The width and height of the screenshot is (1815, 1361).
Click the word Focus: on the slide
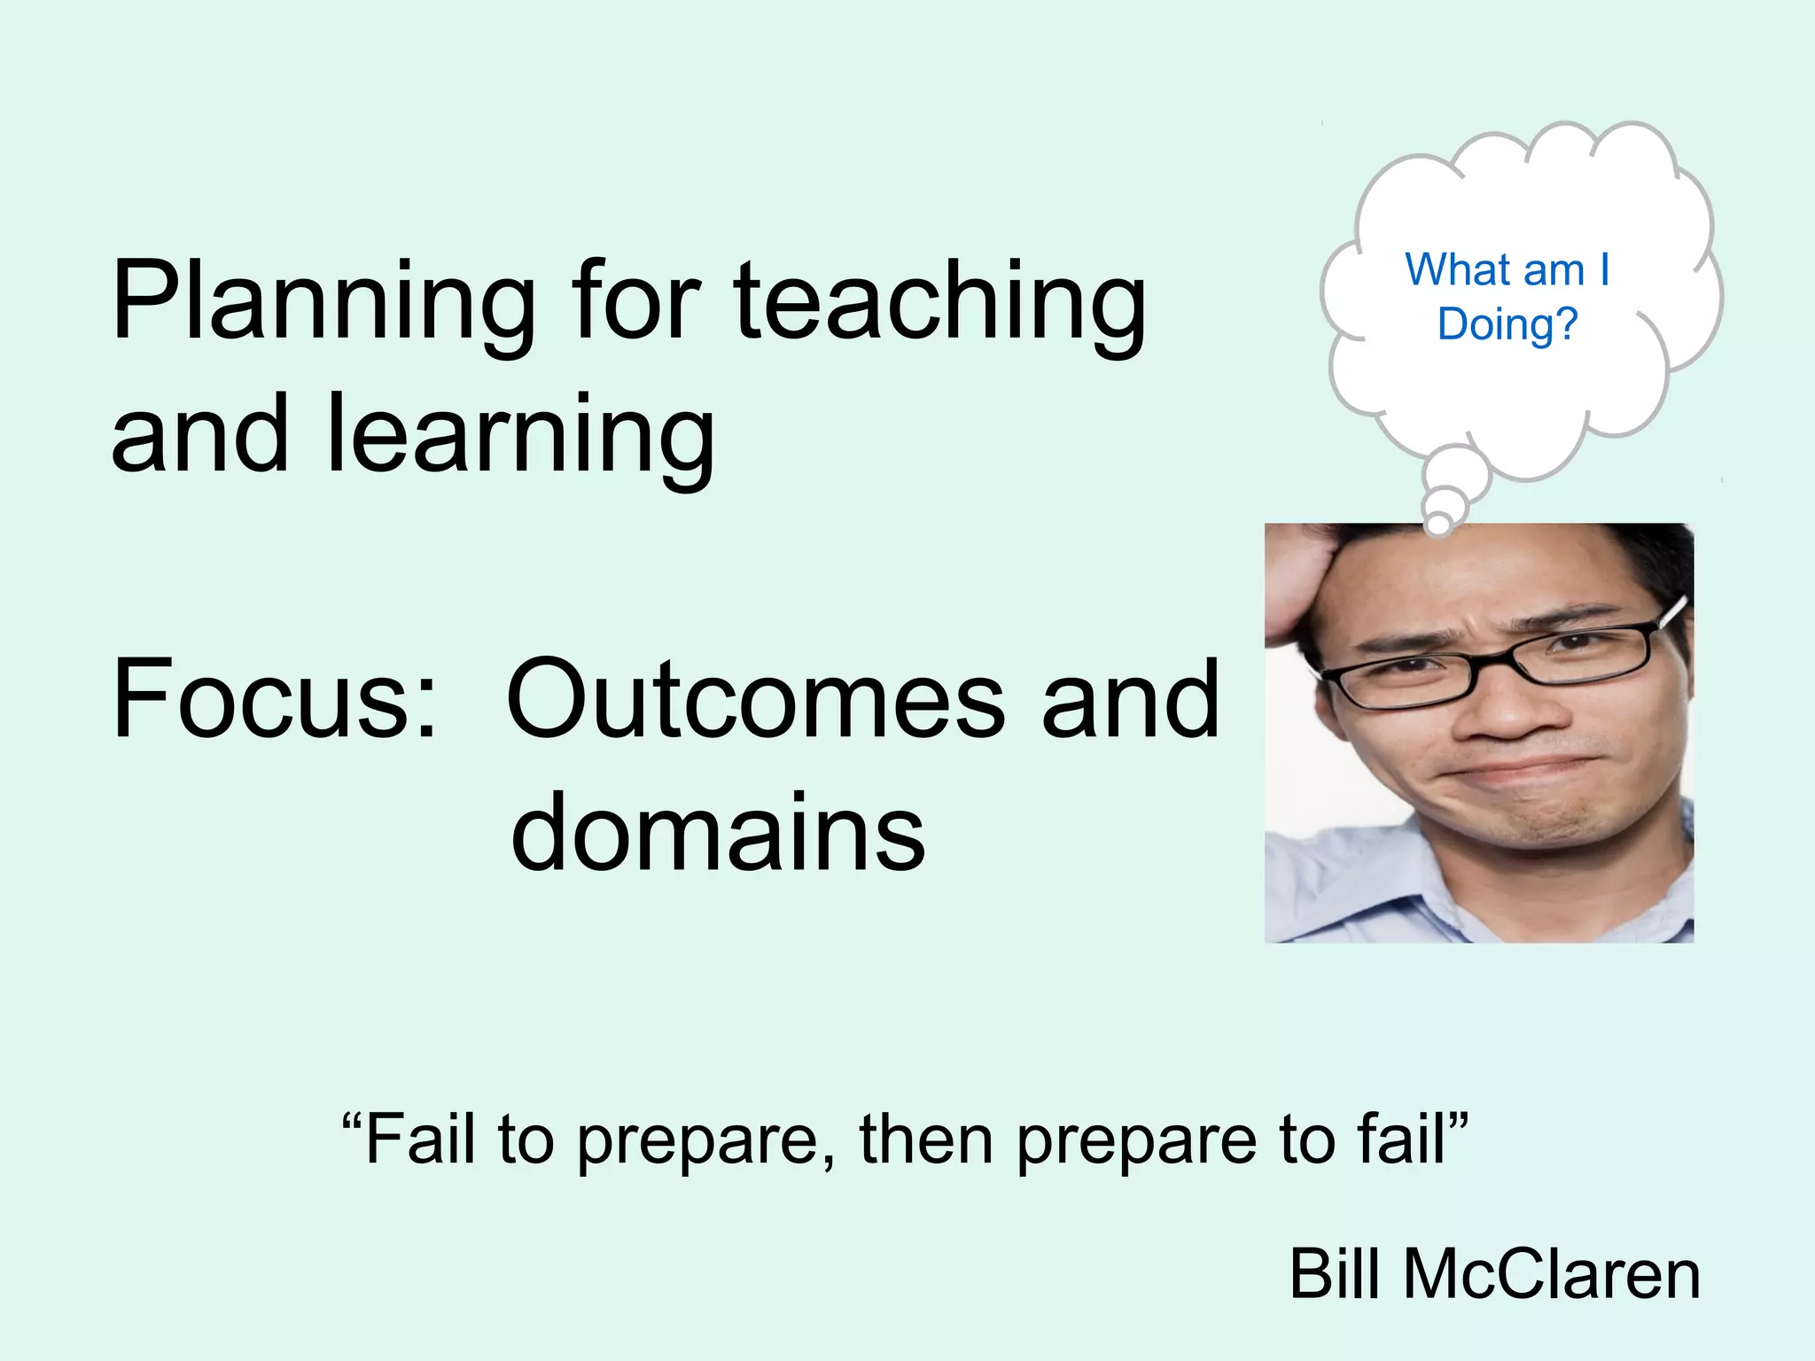(x=275, y=700)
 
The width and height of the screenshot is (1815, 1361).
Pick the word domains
(x=718, y=833)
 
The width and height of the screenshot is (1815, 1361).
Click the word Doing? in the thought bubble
(x=1507, y=325)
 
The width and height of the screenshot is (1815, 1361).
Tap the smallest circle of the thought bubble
(x=1439, y=525)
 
